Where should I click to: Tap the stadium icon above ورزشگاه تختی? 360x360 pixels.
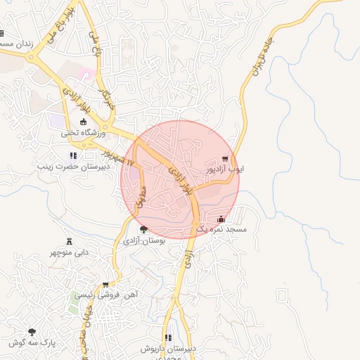tap(84, 122)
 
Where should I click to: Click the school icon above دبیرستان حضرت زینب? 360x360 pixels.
tap(72, 155)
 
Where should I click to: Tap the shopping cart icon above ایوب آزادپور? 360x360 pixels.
tap(225, 159)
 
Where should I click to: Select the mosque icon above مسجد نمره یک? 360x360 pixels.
tap(221, 219)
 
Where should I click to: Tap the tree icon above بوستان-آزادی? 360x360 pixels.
tap(144, 230)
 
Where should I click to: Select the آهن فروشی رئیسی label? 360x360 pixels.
tap(105, 295)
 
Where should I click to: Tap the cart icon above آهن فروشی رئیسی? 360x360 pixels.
tap(105, 285)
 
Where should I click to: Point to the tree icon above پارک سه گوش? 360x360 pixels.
tap(32, 331)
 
